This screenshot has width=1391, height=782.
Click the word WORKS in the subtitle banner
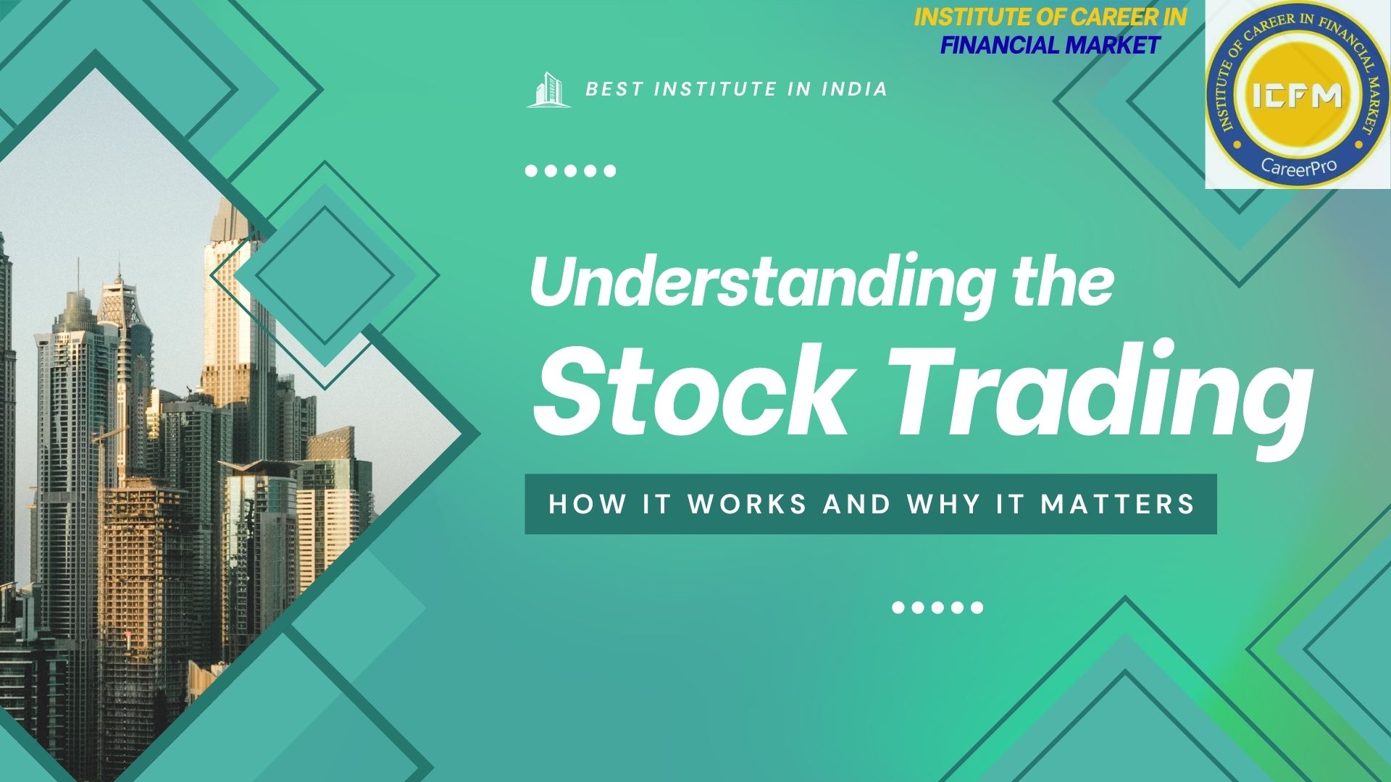coord(747,504)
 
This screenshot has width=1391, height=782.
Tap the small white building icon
coord(548,90)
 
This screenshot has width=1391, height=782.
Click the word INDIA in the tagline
coord(854,89)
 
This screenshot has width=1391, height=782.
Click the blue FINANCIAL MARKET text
coord(1050,45)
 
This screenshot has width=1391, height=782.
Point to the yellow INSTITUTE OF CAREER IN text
coord(1050,17)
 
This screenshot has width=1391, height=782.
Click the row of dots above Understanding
coord(570,172)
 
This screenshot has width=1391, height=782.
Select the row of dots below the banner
coord(937,607)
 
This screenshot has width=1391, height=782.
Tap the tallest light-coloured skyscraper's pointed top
coord(225,206)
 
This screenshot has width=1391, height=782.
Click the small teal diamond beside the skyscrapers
coord(324,276)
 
